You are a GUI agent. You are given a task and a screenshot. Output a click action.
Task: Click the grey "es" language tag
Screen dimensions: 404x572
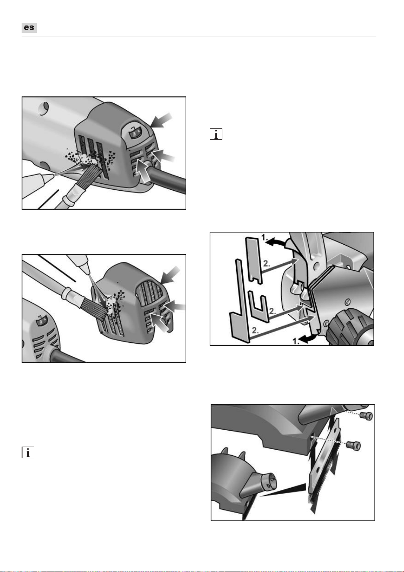point(29,28)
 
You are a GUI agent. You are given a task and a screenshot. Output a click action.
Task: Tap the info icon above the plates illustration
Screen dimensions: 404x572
point(216,134)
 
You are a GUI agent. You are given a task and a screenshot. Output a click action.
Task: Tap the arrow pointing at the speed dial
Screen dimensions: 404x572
point(161,121)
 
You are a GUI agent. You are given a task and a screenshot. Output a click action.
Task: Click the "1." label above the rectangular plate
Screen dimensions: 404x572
point(264,237)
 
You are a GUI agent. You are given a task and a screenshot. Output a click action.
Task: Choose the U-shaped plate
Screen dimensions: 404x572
point(258,307)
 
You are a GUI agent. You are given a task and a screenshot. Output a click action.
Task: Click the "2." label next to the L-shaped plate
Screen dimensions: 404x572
point(256,330)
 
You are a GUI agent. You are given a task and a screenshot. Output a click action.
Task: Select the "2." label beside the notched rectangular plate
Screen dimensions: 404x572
point(266,264)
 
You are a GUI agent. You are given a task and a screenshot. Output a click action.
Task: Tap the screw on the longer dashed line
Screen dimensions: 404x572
point(353,446)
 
